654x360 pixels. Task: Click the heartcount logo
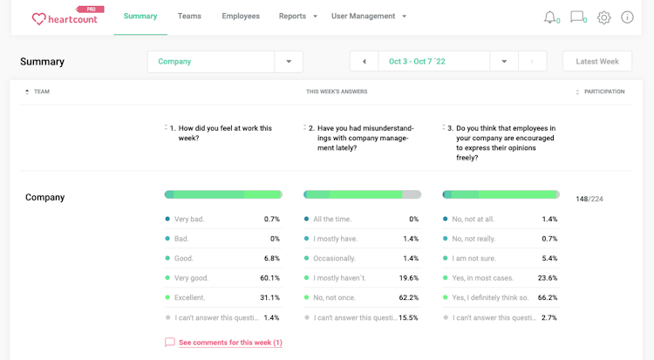pos(65,17)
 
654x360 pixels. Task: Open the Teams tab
pos(189,17)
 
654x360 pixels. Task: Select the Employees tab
pos(241,17)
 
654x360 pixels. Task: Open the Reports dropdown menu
pos(297,17)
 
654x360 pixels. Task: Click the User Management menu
pos(369,17)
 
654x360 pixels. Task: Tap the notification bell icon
pos(550,17)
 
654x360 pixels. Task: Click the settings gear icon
pos(603,17)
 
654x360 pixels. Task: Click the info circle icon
pos(627,17)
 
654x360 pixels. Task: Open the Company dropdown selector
pos(225,62)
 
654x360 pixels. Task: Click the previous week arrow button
pos(364,62)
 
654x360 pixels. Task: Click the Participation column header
pos(603,92)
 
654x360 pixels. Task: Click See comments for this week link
pos(230,343)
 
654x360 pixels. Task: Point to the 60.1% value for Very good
pos(270,278)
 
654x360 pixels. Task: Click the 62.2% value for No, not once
pos(408,298)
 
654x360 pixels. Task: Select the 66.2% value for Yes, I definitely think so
pos(548,298)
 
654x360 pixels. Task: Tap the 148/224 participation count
pos(589,200)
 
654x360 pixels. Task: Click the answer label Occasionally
pos(335,259)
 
